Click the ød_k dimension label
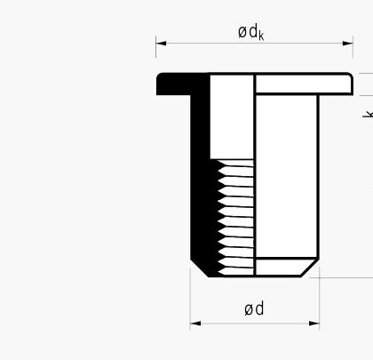(251, 32)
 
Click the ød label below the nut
(254, 308)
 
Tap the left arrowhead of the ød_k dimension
(161, 44)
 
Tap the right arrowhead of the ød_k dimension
(348, 44)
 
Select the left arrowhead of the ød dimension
(195, 323)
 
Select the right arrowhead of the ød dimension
(314, 323)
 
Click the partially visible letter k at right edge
(368, 114)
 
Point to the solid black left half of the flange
(183, 84)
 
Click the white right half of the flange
(304, 84)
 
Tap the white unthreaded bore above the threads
(232, 116)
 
